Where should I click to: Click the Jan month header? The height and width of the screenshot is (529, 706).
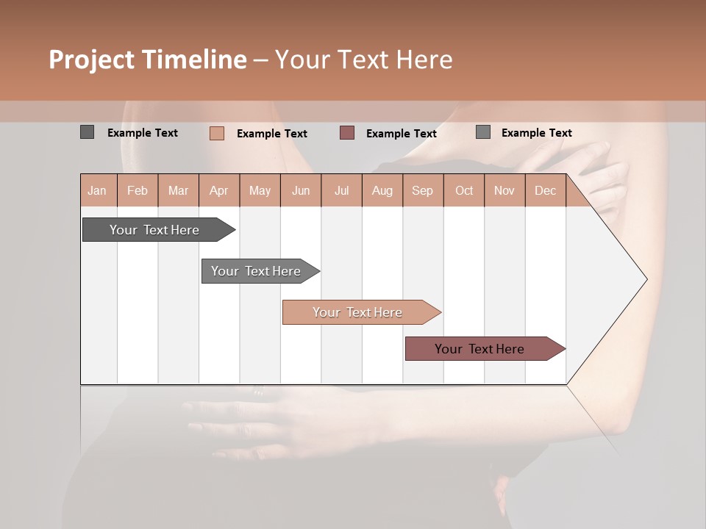[x=97, y=191]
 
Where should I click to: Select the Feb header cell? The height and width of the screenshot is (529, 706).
[x=138, y=191]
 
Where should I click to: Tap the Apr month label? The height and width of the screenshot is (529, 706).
[x=218, y=191]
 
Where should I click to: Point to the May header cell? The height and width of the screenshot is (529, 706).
[x=260, y=191]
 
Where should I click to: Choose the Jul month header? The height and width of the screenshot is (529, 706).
[x=341, y=191]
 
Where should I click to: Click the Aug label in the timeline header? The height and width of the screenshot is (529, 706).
[x=382, y=191]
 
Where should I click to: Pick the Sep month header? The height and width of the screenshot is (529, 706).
[x=422, y=191]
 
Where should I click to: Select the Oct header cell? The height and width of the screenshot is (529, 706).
[x=464, y=191]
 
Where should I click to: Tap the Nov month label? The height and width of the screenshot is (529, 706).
[x=504, y=191]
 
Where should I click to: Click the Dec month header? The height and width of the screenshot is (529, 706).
[x=545, y=191]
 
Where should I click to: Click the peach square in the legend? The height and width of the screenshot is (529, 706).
[x=217, y=133]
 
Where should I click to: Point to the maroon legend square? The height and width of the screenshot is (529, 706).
[x=347, y=133]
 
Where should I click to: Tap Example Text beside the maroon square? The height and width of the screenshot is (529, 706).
[x=401, y=134]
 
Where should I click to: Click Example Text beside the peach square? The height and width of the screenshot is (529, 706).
[x=271, y=134]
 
